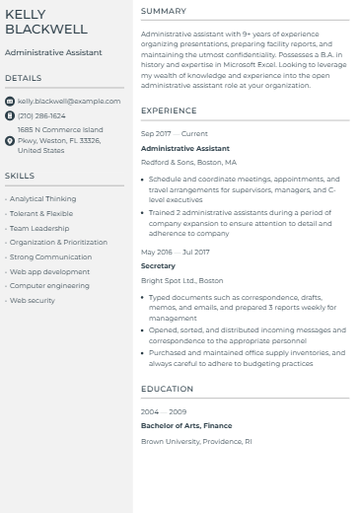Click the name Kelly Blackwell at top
point(46,22)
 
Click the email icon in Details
point(10,101)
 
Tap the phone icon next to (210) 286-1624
point(10,115)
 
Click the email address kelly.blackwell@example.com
point(69,101)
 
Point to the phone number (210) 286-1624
point(41,115)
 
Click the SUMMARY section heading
point(163,11)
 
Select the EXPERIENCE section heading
point(169,111)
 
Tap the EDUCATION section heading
point(167,389)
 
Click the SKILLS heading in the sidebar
point(20,176)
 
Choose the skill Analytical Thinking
point(42,198)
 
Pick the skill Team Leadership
point(39,228)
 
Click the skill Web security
point(33,300)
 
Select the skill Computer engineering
point(49,285)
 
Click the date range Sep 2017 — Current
point(175,133)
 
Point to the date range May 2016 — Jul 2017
point(176,252)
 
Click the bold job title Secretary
point(158,265)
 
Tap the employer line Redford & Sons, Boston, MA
point(188,162)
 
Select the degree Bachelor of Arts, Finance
point(186,426)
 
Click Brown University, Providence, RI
point(196,441)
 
